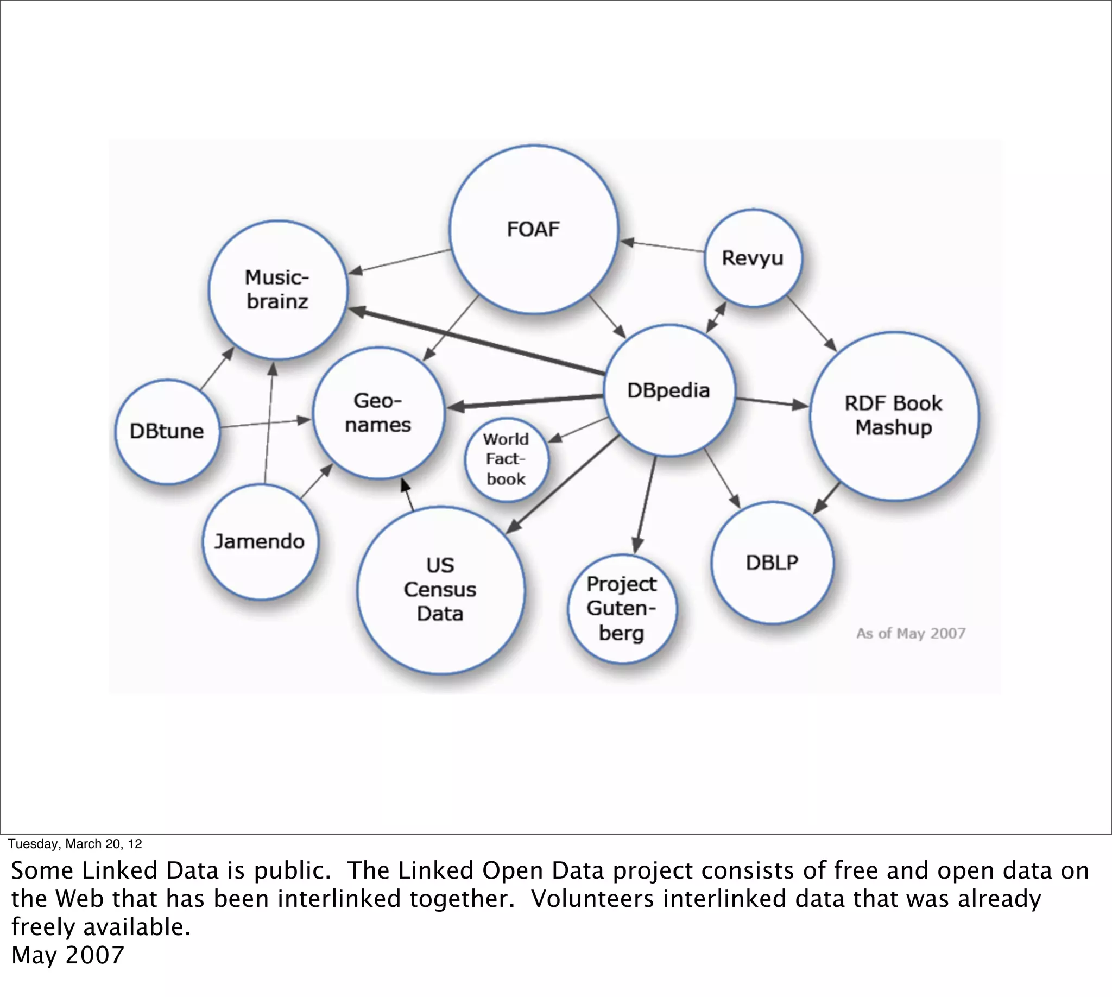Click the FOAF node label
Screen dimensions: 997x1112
point(533,229)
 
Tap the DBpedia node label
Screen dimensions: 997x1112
point(668,390)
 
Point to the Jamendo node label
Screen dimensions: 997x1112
point(259,541)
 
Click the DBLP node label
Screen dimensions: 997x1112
point(772,563)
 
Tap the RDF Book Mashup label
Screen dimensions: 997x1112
point(893,415)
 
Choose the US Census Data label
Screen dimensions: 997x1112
point(440,589)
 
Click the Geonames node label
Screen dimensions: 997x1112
point(378,413)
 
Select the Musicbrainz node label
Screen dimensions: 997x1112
point(277,289)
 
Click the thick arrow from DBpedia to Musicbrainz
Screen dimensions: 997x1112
point(477,342)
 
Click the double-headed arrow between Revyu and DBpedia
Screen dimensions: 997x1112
point(716,317)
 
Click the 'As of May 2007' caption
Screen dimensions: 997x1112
point(911,633)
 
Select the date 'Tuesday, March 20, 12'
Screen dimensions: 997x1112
point(74,844)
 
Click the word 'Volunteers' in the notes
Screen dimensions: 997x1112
point(593,899)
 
